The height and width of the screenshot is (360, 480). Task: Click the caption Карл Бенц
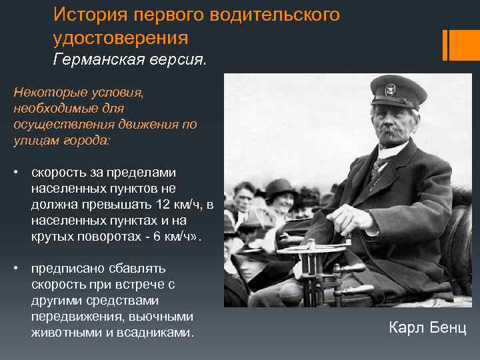click(x=427, y=328)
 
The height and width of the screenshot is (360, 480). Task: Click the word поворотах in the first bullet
click(x=97, y=236)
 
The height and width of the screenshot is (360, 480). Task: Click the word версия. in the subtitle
click(x=178, y=61)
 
